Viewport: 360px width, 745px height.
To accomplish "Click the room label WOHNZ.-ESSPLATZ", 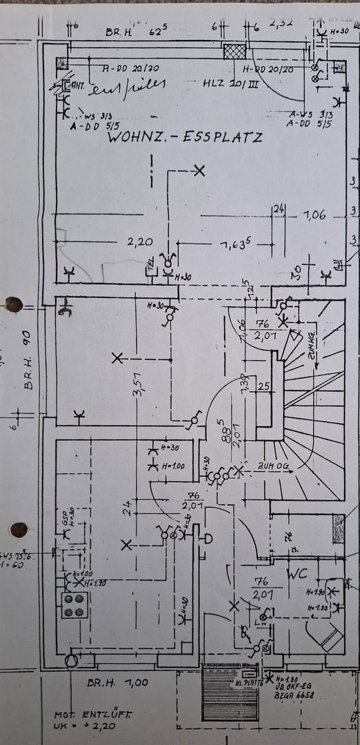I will point(184,137).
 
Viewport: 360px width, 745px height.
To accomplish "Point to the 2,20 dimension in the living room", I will point(139,242).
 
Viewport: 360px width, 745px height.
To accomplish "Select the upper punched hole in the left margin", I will point(13,304).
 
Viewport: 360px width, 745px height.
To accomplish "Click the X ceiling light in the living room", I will point(199,170).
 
